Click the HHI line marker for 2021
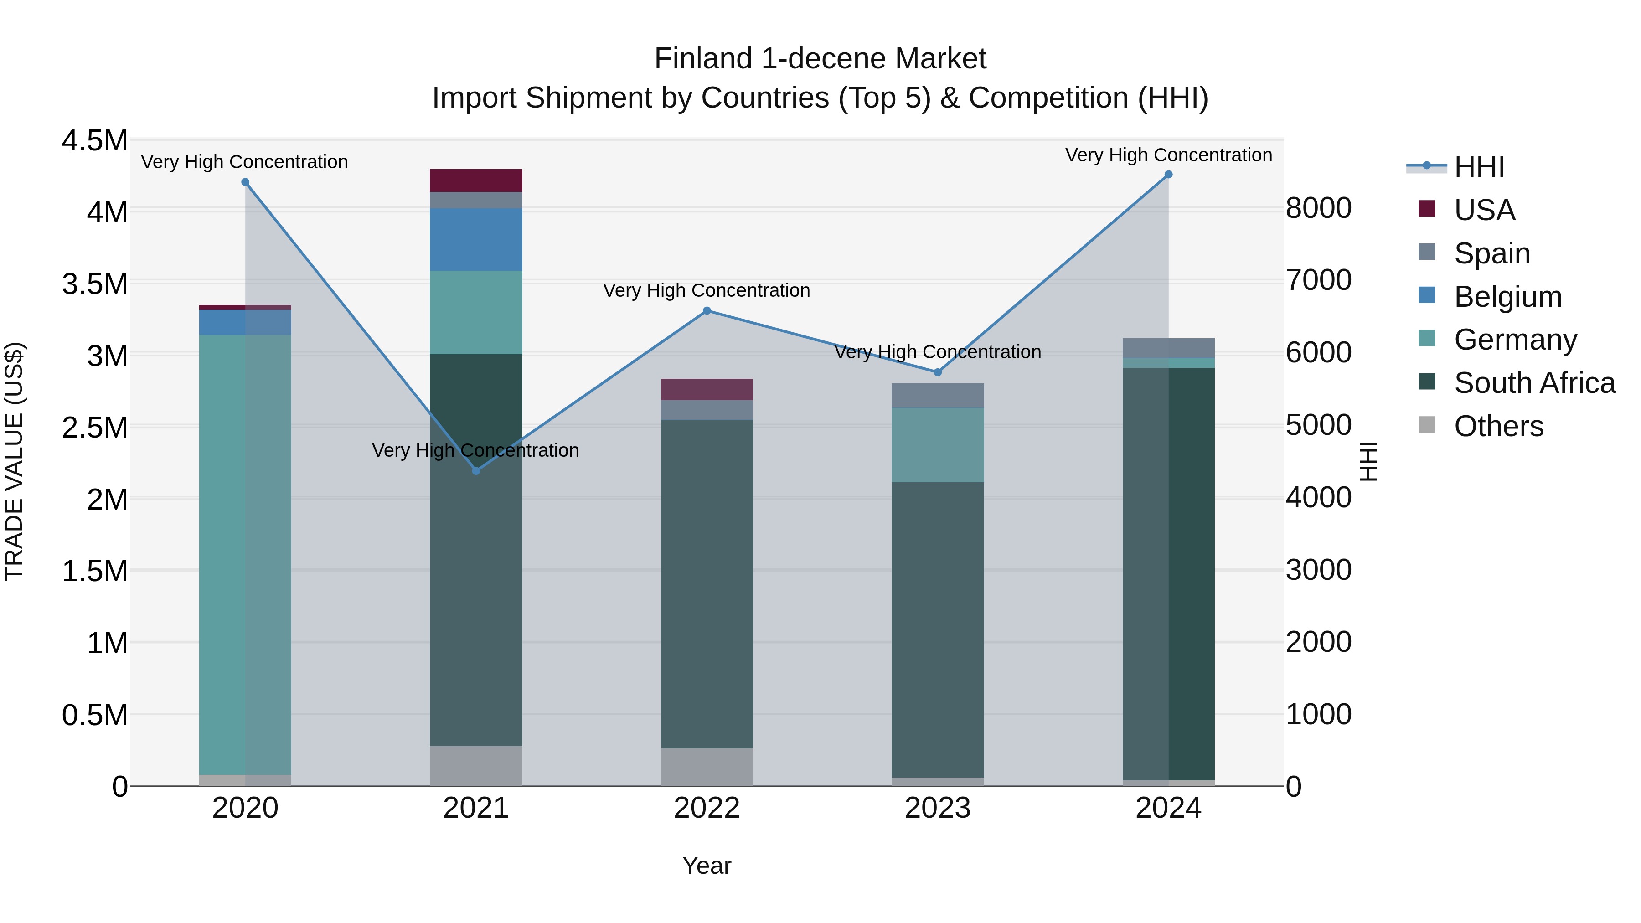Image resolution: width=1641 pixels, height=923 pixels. click(476, 471)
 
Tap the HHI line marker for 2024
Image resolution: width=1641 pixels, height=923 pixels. click(1168, 175)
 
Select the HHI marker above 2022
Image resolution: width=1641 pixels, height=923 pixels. click(707, 311)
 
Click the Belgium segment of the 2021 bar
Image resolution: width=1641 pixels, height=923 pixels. click(476, 239)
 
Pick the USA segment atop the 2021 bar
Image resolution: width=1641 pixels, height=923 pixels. click(476, 180)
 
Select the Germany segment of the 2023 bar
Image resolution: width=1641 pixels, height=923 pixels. click(937, 444)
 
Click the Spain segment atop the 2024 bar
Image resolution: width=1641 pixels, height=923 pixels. click(1168, 348)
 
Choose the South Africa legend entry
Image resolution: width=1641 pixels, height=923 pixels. click(1534, 383)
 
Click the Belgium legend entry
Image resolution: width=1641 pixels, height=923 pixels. click(1507, 297)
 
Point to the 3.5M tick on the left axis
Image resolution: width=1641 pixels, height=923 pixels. click(94, 284)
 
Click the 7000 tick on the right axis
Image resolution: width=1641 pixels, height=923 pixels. click(1318, 280)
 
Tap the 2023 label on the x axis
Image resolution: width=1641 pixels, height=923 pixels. click(937, 808)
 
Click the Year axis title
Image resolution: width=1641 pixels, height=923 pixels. click(707, 866)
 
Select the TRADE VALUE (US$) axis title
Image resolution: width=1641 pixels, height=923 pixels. click(14, 461)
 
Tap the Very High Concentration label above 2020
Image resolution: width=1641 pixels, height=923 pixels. click(245, 162)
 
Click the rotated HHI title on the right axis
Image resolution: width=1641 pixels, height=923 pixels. click(1367, 461)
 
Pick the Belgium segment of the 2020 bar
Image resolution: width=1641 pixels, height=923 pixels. click(245, 322)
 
